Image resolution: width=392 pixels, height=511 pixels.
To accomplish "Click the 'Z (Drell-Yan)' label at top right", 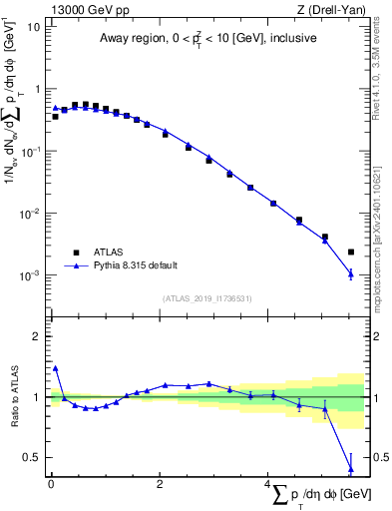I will [331, 9].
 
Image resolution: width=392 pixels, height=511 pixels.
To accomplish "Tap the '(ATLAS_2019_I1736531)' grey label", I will [206, 298].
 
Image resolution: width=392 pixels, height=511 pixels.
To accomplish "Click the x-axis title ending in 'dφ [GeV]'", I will [319, 496].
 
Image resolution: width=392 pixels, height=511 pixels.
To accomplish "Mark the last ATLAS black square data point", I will [350, 253].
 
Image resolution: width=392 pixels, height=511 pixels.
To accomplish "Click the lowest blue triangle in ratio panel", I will [350, 468].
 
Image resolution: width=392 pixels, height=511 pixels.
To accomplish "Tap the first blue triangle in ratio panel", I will [55, 368].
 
